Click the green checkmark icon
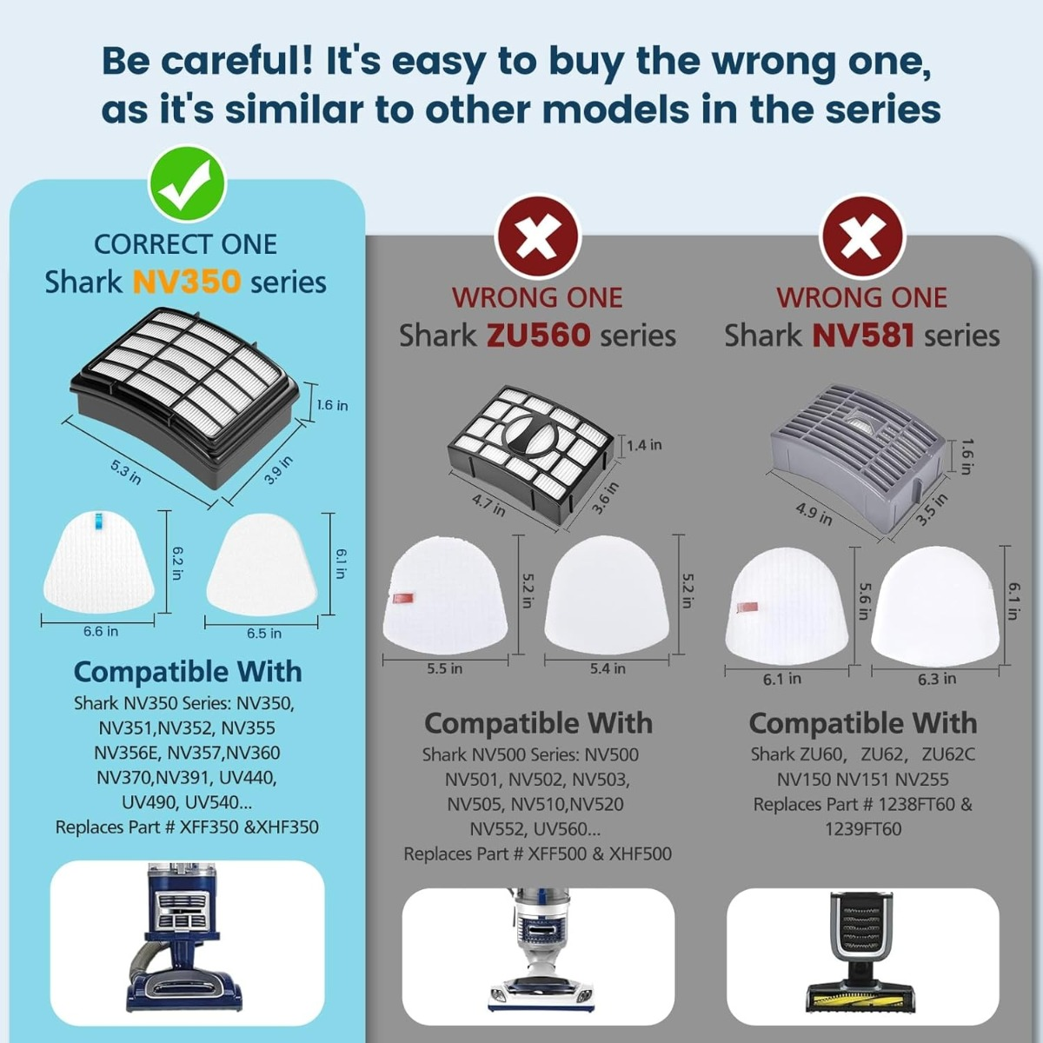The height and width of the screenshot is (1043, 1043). (187, 185)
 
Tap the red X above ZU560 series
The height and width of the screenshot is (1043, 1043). (537, 239)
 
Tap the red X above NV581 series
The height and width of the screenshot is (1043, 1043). (861, 239)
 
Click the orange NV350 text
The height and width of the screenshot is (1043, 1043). (187, 282)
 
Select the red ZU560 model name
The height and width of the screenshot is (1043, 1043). (537, 335)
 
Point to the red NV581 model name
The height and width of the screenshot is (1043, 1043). (863, 335)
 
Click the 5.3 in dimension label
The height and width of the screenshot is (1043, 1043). (126, 472)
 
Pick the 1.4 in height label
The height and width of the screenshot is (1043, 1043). (645, 445)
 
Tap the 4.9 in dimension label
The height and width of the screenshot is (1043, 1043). (814, 514)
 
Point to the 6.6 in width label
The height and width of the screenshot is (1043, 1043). (101, 631)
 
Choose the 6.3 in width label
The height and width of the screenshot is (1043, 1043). (937, 679)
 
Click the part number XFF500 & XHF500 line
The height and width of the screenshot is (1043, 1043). (537, 854)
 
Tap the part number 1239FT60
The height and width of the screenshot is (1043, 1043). (863, 829)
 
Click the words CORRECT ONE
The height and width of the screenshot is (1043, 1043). (186, 244)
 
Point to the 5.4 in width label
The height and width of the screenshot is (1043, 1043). (608, 669)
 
